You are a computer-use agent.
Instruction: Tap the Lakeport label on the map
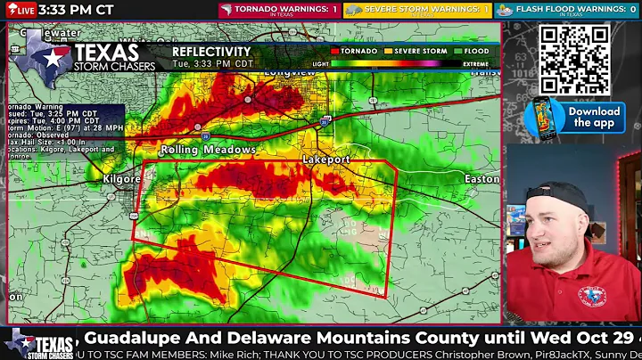click(x=325, y=159)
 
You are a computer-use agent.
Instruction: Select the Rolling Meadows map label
click(x=208, y=150)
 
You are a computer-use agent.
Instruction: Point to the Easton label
click(x=481, y=178)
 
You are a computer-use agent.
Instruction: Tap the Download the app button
click(x=594, y=118)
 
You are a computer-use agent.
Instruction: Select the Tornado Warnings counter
click(x=279, y=10)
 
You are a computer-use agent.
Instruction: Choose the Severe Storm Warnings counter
click(x=417, y=10)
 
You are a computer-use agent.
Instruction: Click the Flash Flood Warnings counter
click(x=566, y=10)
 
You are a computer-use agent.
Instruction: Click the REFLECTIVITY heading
click(x=211, y=52)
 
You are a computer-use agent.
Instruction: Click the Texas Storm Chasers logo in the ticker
click(x=40, y=343)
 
